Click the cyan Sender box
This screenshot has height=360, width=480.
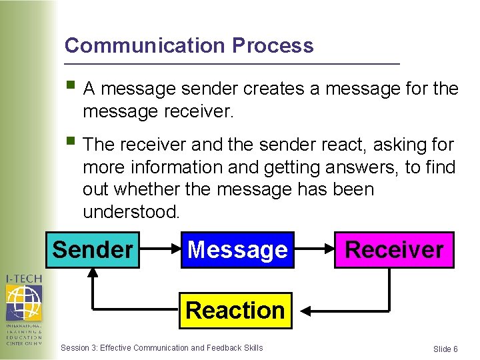coord(93,249)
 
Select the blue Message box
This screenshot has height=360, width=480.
coord(237,249)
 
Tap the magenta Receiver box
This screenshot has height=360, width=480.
coord(394,249)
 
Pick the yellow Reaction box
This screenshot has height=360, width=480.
coord(235,310)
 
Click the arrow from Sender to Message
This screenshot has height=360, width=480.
coord(160,250)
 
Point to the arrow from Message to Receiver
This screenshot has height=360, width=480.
coord(314,250)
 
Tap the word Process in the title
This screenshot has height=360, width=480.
coord(273,45)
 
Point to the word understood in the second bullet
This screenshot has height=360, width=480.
coord(131,212)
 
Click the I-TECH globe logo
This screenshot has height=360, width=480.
coord(23,302)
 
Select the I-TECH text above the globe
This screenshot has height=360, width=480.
coord(23,278)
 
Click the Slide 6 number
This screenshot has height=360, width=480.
coord(445,349)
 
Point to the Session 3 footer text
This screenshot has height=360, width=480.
coord(161,347)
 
